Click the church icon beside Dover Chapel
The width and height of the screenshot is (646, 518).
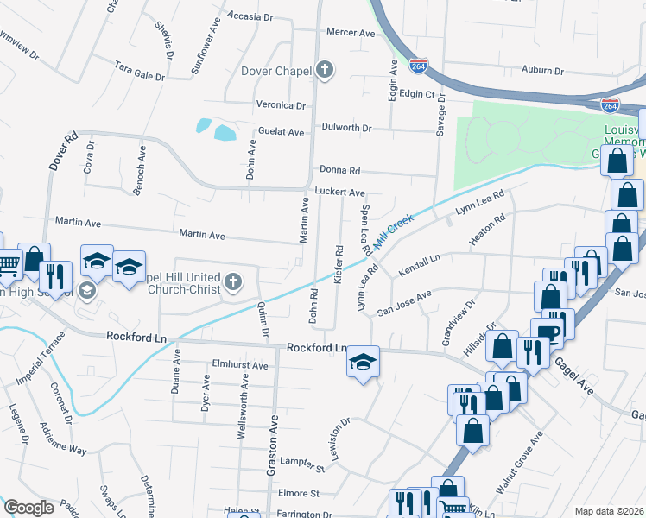coord(325,71)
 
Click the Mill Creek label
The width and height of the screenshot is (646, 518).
coord(395,232)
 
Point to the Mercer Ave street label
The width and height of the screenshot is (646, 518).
coord(351,33)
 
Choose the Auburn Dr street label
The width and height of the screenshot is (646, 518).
coord(542,71)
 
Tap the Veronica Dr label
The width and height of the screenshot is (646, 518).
coord(282,105)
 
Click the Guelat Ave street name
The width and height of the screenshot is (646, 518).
coord(282,132)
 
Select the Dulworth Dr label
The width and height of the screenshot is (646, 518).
coord(346,128)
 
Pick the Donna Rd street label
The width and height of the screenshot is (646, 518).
coord(339,171)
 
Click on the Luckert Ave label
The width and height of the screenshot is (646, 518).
coord(339,193)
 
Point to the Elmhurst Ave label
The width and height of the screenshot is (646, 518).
coord(240,365)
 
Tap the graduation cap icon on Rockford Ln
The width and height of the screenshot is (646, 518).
coord(364,363)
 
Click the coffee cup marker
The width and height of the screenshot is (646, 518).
coord(548,332)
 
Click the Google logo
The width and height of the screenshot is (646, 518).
coord(28,508)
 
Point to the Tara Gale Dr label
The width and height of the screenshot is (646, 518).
coord(140,70)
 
